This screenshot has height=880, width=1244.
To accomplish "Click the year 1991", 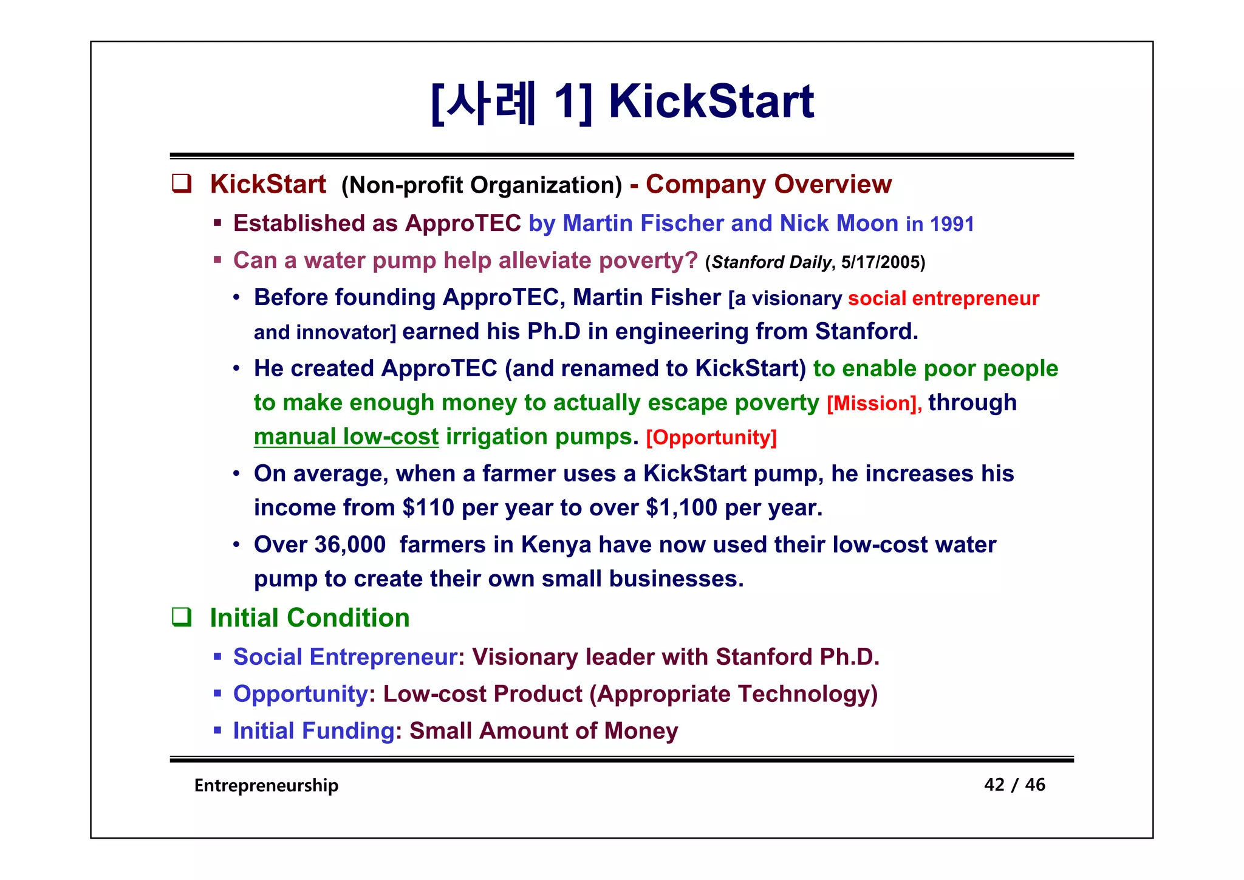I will click(951, 224).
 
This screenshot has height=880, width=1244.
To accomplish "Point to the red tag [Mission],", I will click(873, 404).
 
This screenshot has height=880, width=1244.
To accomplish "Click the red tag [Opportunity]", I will click(711, 438).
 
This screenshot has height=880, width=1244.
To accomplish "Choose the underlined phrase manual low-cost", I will click(346, 436).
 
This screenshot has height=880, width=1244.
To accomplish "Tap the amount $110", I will click(428, 507).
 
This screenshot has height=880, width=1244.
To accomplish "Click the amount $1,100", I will click(682, 507).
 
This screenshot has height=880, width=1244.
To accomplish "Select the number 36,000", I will click(350, 545).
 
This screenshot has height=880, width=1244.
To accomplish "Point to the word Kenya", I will click(556, 545).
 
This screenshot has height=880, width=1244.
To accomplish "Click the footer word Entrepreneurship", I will click(266, 785).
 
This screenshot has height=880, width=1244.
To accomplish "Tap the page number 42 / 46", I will click(1014, 785).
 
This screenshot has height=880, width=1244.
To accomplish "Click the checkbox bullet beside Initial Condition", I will click(182, 617).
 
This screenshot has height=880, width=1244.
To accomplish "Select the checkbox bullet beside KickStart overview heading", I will click(182, 184).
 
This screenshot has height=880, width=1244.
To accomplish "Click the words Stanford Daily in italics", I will click(771, 262).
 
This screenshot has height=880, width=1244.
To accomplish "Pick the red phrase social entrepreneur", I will click(943, 298).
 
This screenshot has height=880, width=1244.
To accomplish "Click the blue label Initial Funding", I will click(313, 730).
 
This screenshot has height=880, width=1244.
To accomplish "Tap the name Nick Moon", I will click(839, 224).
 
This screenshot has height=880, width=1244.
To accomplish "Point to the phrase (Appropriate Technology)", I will click(734, 694).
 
